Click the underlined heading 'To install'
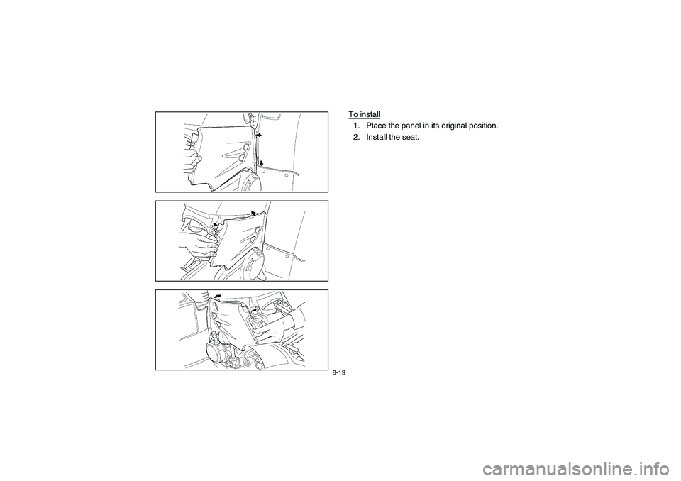(364, 114)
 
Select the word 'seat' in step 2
(411, 137)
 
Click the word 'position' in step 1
(487, 126)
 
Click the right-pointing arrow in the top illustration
(259, 133)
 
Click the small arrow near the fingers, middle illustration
(214, 226)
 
